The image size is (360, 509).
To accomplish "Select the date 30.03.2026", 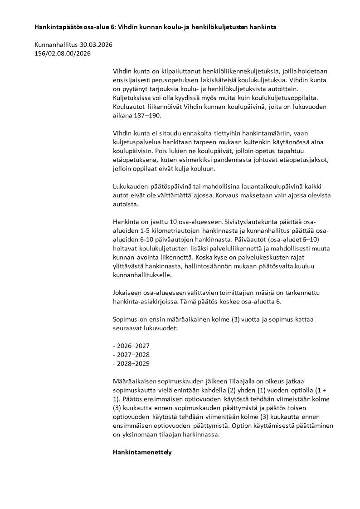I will pos(96,45).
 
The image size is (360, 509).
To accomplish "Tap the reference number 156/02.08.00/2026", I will pos(63,54).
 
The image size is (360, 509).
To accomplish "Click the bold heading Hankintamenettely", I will pos(142,452).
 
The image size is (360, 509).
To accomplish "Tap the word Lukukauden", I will pos(131,186).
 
